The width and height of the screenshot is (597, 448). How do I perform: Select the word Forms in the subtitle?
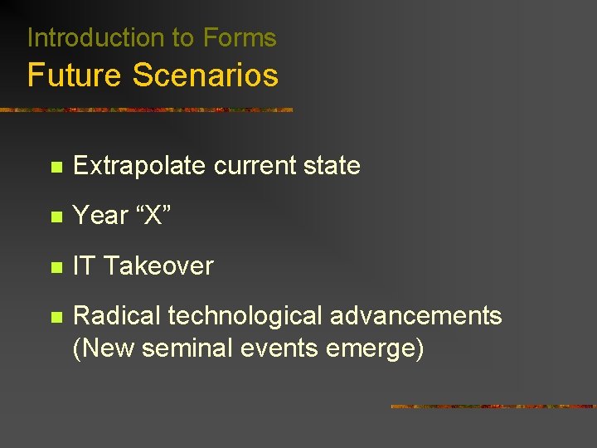coord(240,38)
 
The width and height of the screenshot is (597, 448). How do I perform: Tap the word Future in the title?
coord(75,75)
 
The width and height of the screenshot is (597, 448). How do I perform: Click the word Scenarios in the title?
coord(205,75)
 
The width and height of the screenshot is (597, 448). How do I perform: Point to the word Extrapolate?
coord(139,166)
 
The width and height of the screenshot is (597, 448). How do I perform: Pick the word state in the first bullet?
coord(332,166)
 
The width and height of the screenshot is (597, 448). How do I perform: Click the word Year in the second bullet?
coord(100,216)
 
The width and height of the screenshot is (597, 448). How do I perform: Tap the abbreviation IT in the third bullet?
coord(84,266)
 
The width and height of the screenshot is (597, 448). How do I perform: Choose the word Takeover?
coord(158,266)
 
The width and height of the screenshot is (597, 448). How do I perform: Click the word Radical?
coord(117,316)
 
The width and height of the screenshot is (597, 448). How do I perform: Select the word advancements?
coord(417,316)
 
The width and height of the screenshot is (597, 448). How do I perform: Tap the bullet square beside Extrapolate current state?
coord(56,167)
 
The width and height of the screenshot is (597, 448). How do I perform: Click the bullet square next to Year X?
coord(56,217)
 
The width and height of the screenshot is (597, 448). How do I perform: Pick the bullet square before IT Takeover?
coord(56,267)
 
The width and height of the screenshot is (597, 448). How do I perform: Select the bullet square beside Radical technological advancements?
coord(56,317)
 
